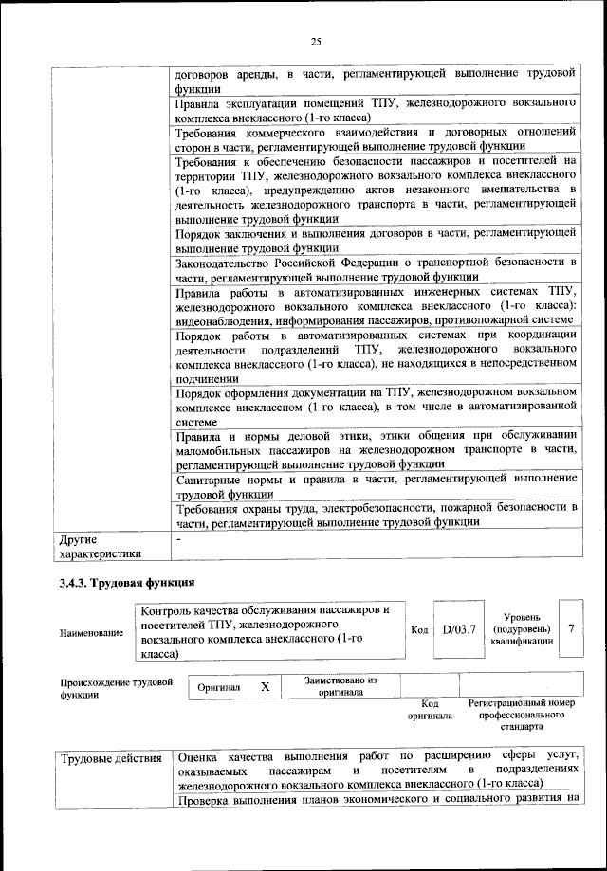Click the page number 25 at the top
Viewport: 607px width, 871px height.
(x=316, y=41)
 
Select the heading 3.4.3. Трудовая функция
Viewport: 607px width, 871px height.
(x=126, y=581)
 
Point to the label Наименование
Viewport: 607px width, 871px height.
(x=91, y=632)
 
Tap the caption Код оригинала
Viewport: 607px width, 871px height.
(x=429, y=710)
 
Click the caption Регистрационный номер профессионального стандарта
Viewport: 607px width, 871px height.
(x=523, y=716)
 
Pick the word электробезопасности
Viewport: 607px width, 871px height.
(x=367, y=508)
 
